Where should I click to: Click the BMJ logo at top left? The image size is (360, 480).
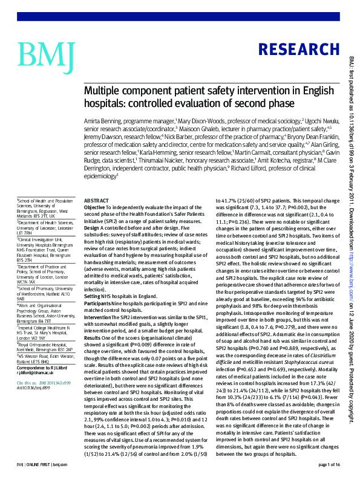tap(46, 54)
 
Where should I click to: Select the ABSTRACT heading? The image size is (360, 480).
tap(96, 200)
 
